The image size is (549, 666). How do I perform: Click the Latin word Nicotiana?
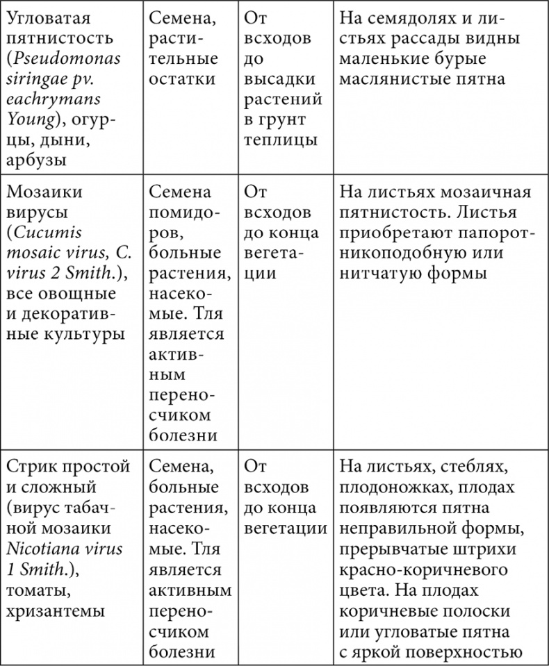(x=49, y=548)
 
